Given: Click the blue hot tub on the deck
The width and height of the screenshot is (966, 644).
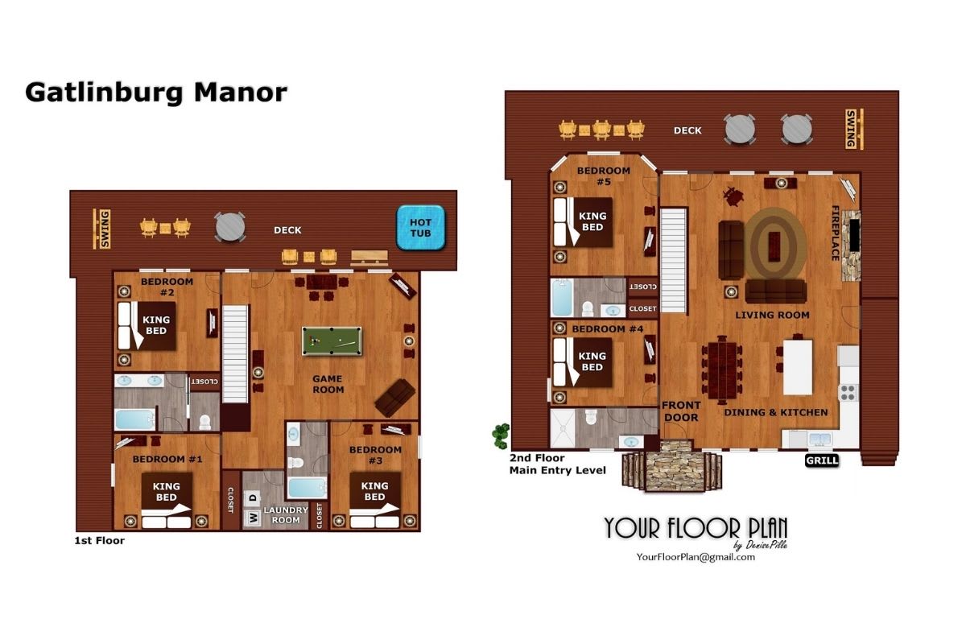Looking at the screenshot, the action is pos(420,228).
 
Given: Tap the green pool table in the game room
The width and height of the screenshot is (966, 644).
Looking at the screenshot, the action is pos(332,341).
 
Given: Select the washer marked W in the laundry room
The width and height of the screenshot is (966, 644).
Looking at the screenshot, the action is pos(253,517).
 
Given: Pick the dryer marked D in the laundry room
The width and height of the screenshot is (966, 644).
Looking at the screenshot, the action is pos(253,497).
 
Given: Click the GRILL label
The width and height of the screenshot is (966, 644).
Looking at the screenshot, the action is pos(822,460).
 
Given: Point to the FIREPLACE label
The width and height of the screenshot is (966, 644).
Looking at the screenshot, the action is pos(835,233).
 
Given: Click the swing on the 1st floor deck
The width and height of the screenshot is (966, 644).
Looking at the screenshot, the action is pos(101,229).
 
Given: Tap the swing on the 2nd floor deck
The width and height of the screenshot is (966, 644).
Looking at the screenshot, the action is pos(853,129).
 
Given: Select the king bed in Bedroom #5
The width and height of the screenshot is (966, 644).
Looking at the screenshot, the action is pos(583,222).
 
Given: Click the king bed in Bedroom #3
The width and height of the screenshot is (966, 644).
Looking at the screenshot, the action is pos(374,501).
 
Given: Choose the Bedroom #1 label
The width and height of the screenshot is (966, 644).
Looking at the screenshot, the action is pos(167,459).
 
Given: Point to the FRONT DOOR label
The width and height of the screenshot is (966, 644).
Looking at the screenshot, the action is pos(681,411).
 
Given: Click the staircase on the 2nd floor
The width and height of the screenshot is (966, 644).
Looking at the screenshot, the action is pos(674,260).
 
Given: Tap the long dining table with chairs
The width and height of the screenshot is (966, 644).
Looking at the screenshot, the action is pos(722,370).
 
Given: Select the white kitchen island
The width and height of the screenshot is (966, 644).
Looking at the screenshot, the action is pos(798,367).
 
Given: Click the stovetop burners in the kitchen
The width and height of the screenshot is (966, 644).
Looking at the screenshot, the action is pos(848,393).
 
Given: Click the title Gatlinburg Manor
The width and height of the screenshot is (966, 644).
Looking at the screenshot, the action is pos(156,93).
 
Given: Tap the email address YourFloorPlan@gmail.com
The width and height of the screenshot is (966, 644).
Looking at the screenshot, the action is pos(696,557).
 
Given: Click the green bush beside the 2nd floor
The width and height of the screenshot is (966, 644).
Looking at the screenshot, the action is pos(501,436).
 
